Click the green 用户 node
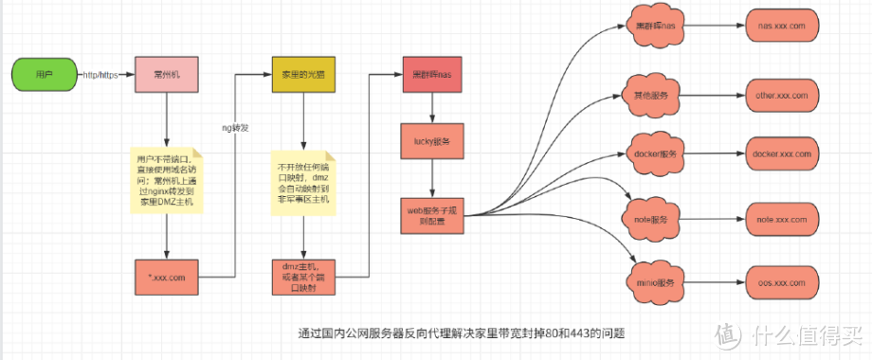[x=44, y=74]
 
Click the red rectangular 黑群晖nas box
[x=432, y=74]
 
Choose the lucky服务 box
[x=432, y=142]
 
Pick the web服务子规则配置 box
[x=432, y=214]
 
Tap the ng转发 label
[x=236, y=126]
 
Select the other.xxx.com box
[x=781, y=96]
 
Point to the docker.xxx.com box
[x=781, y=153]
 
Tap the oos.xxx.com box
[x=781, y=282]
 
